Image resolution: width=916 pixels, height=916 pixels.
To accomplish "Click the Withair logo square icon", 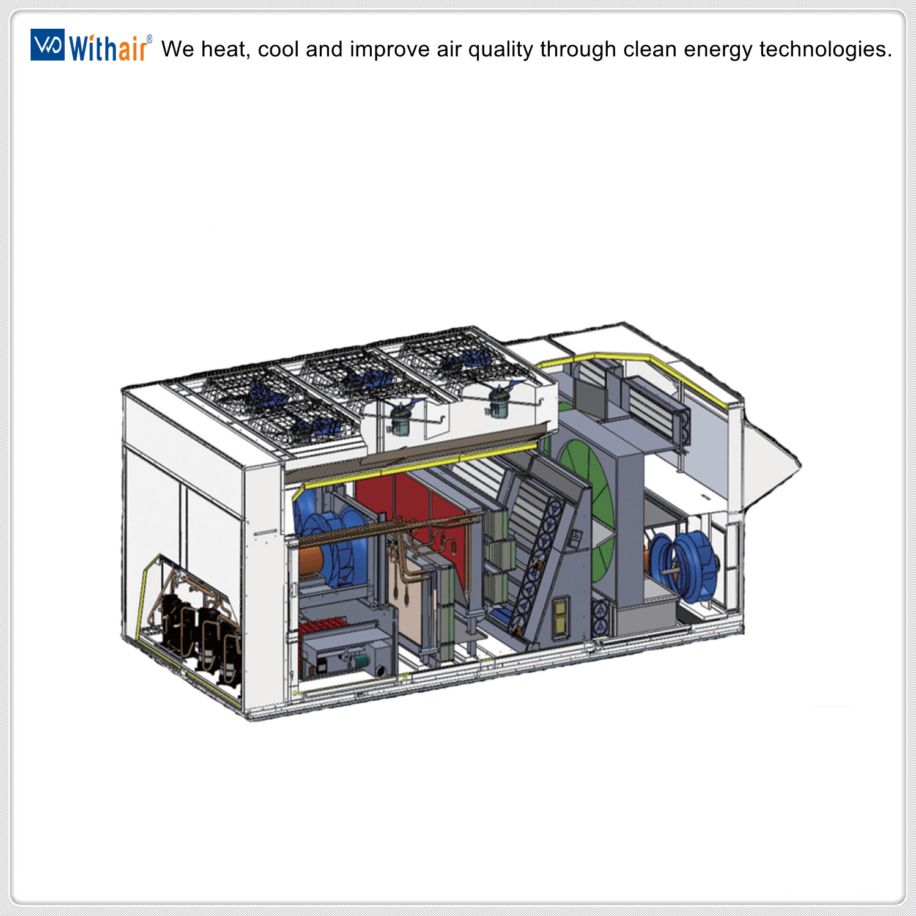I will [x=47, y=45].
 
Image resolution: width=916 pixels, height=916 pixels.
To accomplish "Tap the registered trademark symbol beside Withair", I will [x=149, y=39].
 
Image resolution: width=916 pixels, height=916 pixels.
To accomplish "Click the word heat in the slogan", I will [x=225, y=50].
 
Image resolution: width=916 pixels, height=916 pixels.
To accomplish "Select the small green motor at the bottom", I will [x=361, y=660].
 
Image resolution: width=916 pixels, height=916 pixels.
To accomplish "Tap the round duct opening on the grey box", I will [x=380, y=670].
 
